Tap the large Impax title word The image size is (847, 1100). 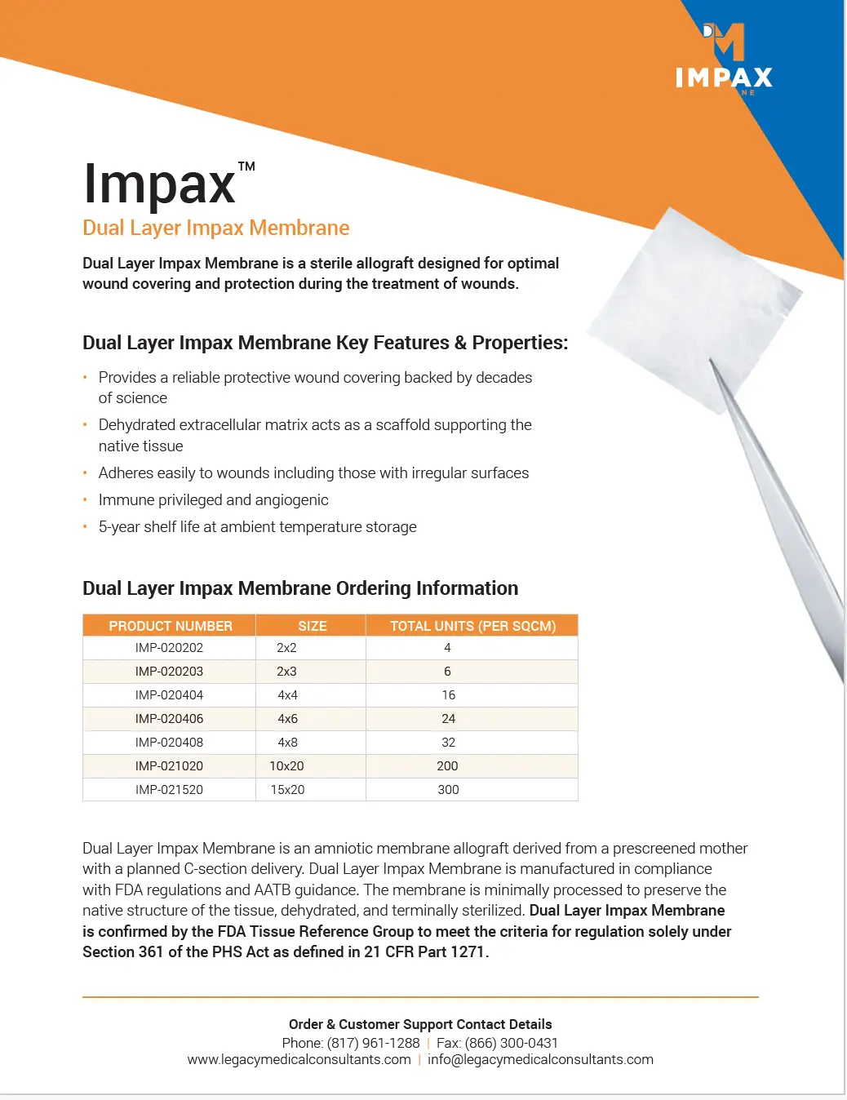tap(159, 184)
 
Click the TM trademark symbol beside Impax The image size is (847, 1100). tap(246, 166)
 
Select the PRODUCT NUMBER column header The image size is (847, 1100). tap(171, 626)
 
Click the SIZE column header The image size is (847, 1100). tap(312, 626)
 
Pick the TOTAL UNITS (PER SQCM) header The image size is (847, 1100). tap(472, 626)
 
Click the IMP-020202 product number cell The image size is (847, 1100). tap(169, 648)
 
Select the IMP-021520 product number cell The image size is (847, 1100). tap(169, 790)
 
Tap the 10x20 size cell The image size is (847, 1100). tap(286, 766)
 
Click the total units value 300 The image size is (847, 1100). tap(448, 790)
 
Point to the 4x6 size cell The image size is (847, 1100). tap(287, 719)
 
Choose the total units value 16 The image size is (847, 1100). tap(448, 695)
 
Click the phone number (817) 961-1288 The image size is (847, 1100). tap(373, 1043)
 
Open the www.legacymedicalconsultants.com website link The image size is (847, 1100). tap(299, 1060)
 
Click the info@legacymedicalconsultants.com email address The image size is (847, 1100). tap(540, 1060)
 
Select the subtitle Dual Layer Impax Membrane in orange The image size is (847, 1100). tap(215, 228)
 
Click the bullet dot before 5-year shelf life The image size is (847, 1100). tap(85, 527)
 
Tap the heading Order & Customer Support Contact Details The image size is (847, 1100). tap(420, 1024)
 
